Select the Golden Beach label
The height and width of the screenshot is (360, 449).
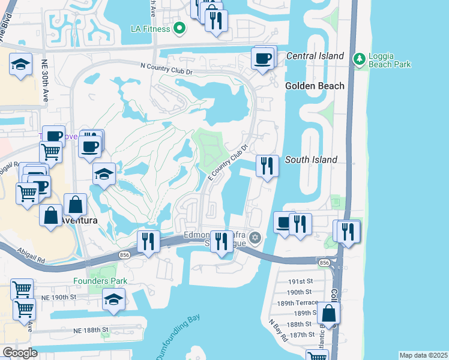point(315,86)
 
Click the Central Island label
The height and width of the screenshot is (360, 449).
point(315,56)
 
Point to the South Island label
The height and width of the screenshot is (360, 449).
point(311,160)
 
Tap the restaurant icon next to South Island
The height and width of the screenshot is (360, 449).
point(267,164)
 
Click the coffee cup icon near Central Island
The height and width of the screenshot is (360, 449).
point(263,59)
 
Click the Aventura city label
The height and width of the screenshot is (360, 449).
point(78,221)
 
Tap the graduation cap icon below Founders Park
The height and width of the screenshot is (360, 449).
point(113,299)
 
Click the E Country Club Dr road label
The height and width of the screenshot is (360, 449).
point(228,163)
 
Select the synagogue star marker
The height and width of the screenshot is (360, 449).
point(255,238)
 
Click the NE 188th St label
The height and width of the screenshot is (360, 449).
point(91,330)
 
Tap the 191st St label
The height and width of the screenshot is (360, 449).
point(300,281)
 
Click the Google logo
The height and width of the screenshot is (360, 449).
point(20,353)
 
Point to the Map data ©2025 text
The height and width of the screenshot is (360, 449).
point(423,355)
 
